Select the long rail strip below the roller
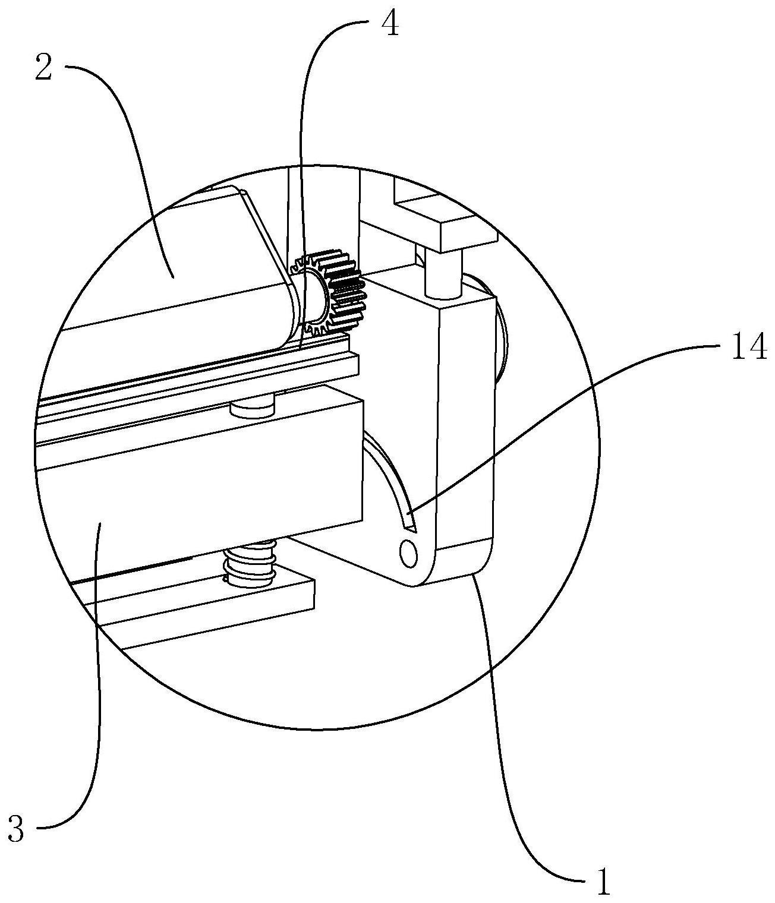click(x=196, y=380)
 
